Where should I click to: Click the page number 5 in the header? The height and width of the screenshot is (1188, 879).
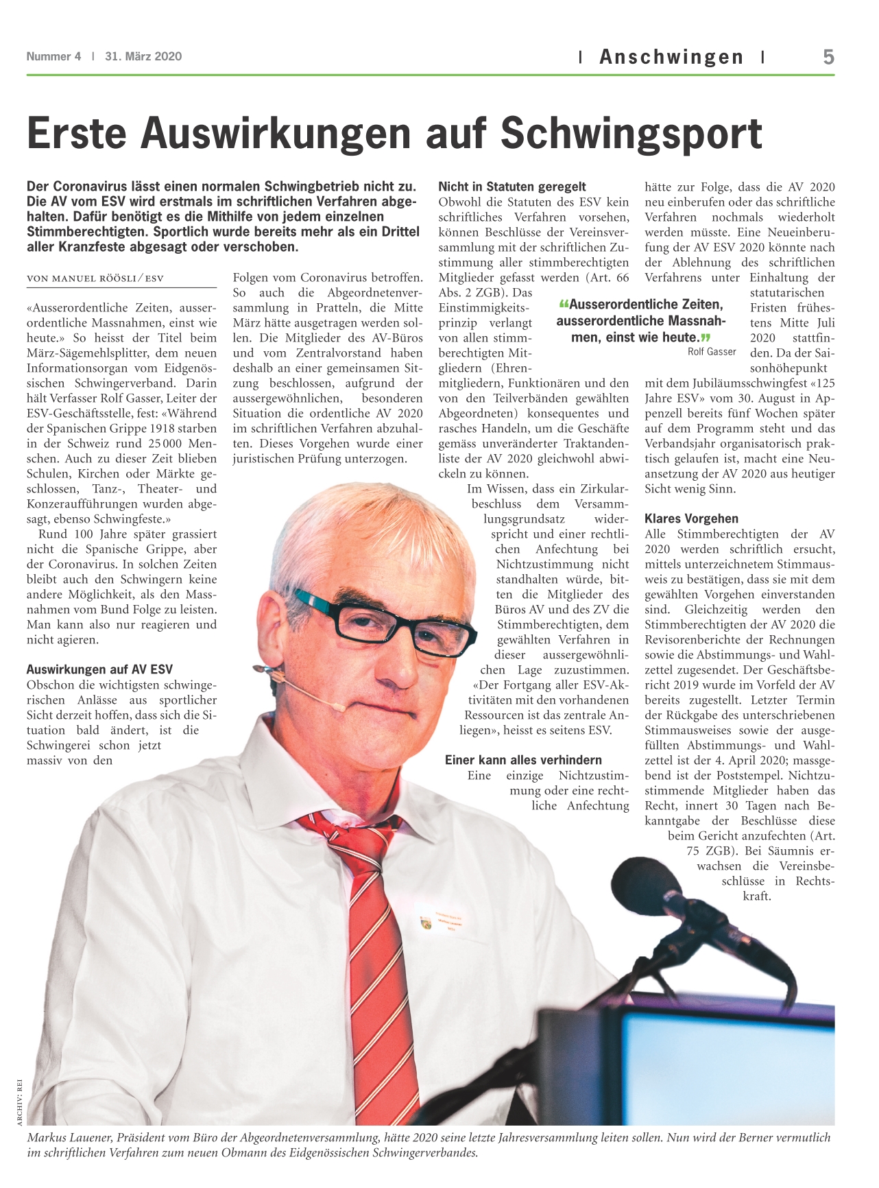[x=828, y=56]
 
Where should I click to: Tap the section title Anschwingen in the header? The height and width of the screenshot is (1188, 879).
[x=671, y=57]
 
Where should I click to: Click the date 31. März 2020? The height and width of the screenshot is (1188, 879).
[x=143, y=56]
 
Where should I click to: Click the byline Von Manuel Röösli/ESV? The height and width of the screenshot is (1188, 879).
[x=95, y=278]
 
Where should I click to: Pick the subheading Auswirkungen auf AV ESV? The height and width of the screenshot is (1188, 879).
[x=99, y=669]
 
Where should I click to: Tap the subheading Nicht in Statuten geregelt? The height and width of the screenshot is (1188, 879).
[x=512, y=187]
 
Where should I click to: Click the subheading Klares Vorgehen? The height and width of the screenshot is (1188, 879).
[x=691, y=519]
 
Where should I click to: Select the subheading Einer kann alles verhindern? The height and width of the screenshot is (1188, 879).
[x=523, y=760]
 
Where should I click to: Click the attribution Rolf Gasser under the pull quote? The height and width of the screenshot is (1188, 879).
[x=712, y=352]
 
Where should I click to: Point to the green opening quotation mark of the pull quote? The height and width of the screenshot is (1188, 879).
[x=564, y=305]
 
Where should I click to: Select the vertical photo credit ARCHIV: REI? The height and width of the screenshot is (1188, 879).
[x=20, y=1102]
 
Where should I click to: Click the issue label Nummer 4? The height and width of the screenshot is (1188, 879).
[x=53, y=56]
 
